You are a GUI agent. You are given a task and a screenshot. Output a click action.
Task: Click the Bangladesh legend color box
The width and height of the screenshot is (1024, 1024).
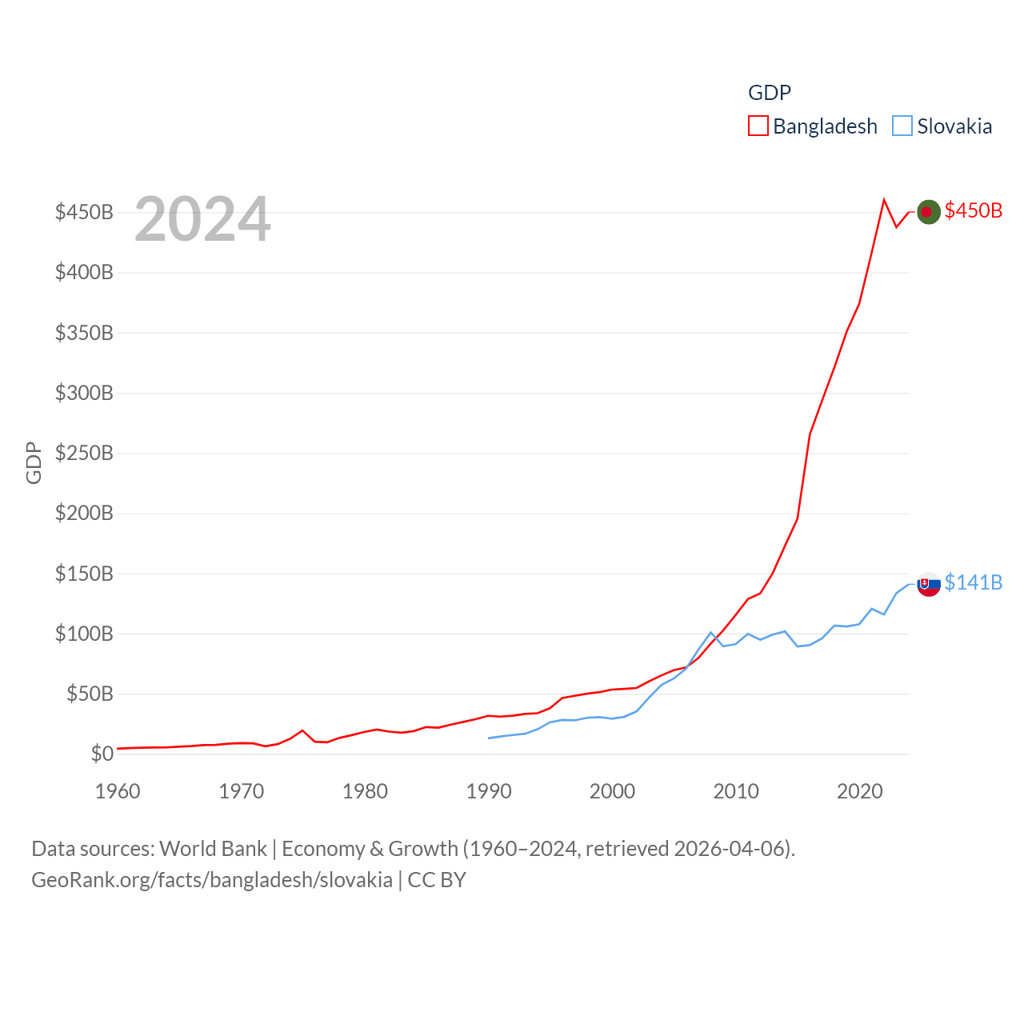click(x=758, y=126)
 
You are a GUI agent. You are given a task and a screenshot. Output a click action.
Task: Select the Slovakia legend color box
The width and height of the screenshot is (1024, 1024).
click(x=902, y=126)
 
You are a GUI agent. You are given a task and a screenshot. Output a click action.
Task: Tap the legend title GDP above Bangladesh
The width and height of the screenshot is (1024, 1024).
click(x=769, y=93)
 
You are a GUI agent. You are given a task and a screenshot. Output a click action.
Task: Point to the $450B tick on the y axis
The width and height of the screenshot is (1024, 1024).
click(x=84, y=212)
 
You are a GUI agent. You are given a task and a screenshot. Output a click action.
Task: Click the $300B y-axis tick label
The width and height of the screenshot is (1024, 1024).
click(x=84, y=393)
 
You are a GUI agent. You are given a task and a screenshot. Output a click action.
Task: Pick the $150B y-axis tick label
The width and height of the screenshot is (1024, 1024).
click(x=84, y=574)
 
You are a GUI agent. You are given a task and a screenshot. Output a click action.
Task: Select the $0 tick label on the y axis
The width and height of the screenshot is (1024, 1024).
click(x=102, y=754)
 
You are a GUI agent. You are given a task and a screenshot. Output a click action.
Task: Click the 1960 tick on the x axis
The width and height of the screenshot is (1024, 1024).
click(x=118, y=791)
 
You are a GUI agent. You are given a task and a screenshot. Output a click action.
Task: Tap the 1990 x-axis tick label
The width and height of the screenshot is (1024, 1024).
click(x=489, y=791)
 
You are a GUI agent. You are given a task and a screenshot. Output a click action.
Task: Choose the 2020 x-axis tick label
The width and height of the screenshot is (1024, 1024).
click(x=860, y=791)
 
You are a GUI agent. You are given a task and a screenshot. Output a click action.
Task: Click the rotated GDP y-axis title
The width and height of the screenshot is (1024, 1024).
click(x=34, y=462)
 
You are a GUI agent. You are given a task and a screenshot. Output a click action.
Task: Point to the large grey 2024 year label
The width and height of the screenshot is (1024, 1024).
click(x=202, y=219)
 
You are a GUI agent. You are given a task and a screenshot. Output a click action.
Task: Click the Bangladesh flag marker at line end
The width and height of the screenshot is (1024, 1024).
click(x=928, y=212)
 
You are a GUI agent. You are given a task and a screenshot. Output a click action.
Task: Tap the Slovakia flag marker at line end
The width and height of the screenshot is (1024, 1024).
click(x=928, y=584)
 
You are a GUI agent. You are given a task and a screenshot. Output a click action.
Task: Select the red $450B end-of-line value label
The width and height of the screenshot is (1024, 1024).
click(x=973, y=210)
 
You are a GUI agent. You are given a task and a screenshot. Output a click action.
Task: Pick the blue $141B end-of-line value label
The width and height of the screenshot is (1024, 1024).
click(x=973, y=582)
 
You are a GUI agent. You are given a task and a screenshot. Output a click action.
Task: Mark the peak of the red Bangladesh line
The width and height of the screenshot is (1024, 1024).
click(x=884, y=200)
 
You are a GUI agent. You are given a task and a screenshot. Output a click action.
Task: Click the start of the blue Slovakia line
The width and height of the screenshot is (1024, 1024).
click(x=489, y=738)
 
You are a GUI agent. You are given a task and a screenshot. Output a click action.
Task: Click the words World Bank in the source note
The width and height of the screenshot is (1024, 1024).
click(x=213, y=848)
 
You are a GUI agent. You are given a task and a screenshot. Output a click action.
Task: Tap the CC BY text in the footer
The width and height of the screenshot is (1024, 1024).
click(x=437, y=880)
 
